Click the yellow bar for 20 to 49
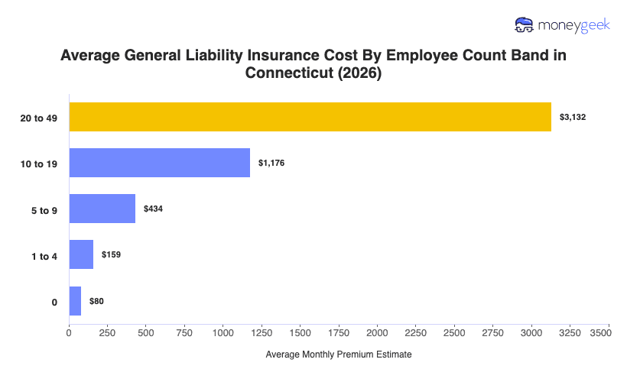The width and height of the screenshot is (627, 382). [x=310, y=117]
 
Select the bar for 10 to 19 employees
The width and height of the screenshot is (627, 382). [x=160, y=163]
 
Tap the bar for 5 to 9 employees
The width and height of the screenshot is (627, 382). [x=102, y=209]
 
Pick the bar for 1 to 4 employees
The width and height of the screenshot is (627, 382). [x=81, y=254]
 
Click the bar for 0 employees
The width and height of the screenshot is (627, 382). [x=75, y=301]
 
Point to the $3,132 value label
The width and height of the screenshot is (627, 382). [x=573, y=117]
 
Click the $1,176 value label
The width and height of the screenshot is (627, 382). [x=271, y=163]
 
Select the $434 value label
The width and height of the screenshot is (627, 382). [x=154, y=209]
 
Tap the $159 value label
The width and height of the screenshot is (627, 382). [x=112, y=254]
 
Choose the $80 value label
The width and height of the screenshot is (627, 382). [x=96, y=301]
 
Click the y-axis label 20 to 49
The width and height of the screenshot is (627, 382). [x=41, y=118]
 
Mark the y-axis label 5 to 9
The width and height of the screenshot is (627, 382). [x=44, y=209]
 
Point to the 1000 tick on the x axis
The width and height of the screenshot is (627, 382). [x=223, y=333]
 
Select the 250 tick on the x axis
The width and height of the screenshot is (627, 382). [x=108, y=333]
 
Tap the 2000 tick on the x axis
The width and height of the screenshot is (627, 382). [x=378, y=333]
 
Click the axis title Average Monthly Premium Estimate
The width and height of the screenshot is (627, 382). [x=339, y=355]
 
